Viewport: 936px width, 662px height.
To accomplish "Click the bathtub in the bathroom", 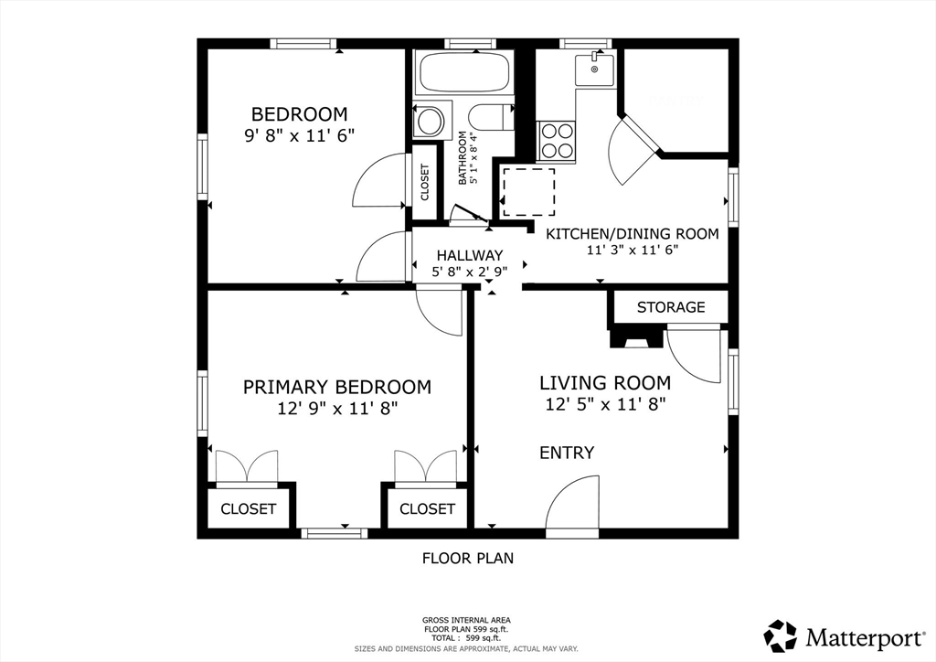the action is pyautogui.click(x=464, y=73).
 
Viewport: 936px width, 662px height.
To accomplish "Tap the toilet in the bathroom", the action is pyautogui.click(x=491, y=117).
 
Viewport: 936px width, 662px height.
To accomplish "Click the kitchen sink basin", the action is pyautogui.click(x=594, y=69).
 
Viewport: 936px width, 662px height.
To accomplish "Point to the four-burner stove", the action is pyautogui.click(x=557, y=141).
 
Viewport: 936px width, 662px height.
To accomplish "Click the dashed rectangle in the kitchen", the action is pyautogui.click(x=528, y=192).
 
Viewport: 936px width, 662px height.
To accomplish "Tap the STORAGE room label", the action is pyautogui.click(x=671, y=307).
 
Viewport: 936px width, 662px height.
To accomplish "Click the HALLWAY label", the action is pyautogui.click(x=469, y=255).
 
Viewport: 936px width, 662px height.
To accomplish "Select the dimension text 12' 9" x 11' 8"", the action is pyautogui.click(x=337, y=409).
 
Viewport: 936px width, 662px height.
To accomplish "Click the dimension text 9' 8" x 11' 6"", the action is pyautogui.click(x=299, y=135).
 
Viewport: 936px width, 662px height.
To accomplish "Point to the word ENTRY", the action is pyautogui.click(x=567, y=454).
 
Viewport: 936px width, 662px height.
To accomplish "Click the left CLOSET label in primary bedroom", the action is pyautogui.click(x=249, y=509).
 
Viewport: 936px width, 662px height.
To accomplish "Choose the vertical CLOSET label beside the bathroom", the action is pyautogui.click(x=425, y=182).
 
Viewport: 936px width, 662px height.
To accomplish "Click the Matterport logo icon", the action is pyautogui.click(x=781, y=636).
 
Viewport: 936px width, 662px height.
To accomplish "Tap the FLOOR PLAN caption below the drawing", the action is pyautogui.click(x=468, y=558).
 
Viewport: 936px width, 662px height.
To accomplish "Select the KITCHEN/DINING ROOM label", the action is pyautogui.click(x=633, y=234).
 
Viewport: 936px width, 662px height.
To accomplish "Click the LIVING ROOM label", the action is pyautogui.click(x=605, y=382).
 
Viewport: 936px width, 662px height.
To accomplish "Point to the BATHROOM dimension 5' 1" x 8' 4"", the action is pyautogui.click(x=474, y=158).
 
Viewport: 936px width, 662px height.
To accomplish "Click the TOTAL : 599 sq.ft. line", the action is pyautogui.click(x=466, y=638).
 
